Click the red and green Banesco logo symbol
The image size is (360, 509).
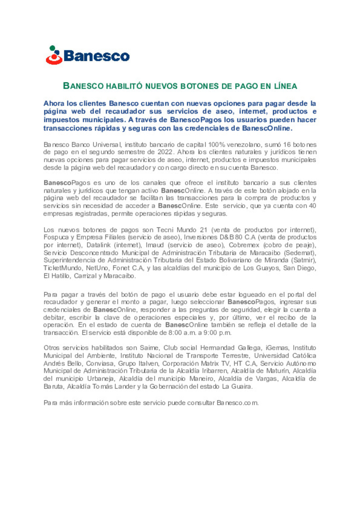point(54,55)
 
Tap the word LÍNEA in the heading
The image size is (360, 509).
point(285,86)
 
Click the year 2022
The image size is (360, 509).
point(165,152)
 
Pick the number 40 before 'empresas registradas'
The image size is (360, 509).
point(312,206)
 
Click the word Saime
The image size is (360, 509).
point(149,348)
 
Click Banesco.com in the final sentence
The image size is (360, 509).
point(237,403)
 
